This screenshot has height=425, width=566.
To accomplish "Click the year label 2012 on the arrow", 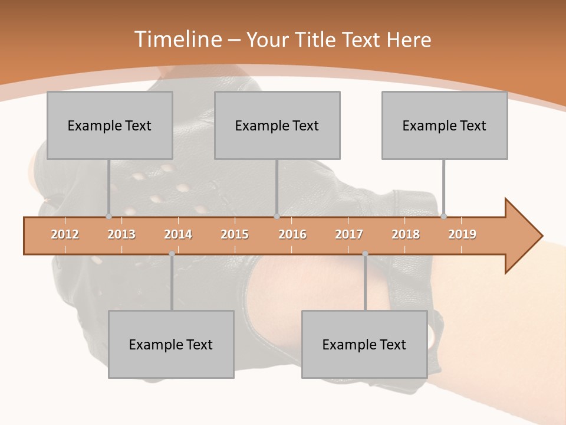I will [65, 234].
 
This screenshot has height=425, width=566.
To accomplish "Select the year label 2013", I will [121, 234].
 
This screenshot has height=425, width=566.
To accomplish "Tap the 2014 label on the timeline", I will [178, 234].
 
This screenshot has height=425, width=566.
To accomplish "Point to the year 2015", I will [235, 234].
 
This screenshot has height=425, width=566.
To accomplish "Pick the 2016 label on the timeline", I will [292, 234].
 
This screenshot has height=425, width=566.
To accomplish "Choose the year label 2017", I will [349, 234].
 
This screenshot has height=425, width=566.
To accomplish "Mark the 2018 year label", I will [406, 234].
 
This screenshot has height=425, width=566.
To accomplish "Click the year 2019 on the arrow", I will [462, 234].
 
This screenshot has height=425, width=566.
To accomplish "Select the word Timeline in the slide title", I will [177, 40].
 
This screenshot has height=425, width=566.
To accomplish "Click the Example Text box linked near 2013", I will [110, 125].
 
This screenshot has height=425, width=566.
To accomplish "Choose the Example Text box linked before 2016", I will [277, 125].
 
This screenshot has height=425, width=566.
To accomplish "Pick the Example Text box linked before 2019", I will [445, 125].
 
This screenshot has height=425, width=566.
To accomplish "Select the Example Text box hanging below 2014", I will [171, 344].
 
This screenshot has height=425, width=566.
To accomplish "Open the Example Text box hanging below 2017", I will [364, 344].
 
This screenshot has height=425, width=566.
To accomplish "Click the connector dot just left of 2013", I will [108, 216].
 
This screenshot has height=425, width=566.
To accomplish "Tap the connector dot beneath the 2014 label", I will [172, 254].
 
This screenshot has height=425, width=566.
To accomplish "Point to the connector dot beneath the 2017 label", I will [365, 254].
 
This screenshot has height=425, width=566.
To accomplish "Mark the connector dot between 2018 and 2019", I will [443, 216].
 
